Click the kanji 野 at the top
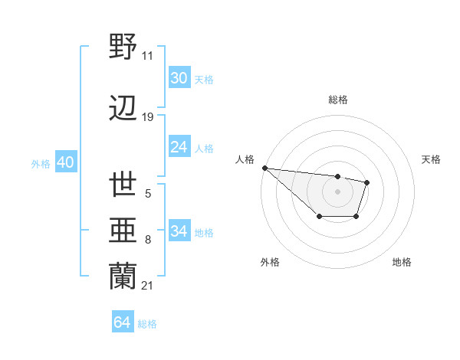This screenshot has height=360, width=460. pyautogui.click(x=123, y=47)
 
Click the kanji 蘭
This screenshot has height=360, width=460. pyautogui.click(x=123, y=277)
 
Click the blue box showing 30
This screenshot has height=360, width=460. pyautogui.click(x=179, y=78)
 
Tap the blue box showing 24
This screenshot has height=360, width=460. pyautogui.click(x=179, y=147)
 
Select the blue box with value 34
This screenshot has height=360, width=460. pyautogui.click(x=179, y=231)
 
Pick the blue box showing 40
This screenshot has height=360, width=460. pyautogui.click(x=65, y=162)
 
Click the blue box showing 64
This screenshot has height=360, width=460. pyautogui.click(x=123, y=322)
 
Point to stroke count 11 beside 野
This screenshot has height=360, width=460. pyautogui.click(x=147, y=56)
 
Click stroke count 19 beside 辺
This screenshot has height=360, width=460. pyautogui.click(x=147, y=117)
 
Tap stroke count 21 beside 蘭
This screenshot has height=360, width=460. pyautogui.click(x=147, y=286)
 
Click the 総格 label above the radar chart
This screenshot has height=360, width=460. pyautogui.click(x=337, y=100)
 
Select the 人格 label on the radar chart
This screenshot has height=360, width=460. pyautogui.click(x=245, y=159)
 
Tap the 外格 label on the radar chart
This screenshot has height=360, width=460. pyautogui.click(x=270, y=262)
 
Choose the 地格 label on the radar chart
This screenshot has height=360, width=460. pyautogui.click(x=402, y=262)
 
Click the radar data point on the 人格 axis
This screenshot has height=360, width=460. pyautogui.click(x=264, y=168)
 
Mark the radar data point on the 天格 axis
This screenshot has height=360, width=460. pyautogui.click(x=367, y=182)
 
